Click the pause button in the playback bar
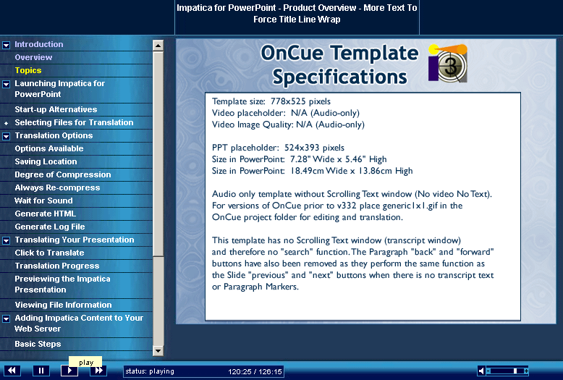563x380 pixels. pos(41,371)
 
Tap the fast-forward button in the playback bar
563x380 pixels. pos(98,371)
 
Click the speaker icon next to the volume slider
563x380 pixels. pos(481,371)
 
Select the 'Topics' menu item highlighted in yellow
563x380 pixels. pos(28,70)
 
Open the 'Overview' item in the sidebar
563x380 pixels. pos(33,57)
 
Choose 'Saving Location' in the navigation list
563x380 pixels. pos(46,161)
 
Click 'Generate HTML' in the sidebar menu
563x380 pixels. pos(46,214)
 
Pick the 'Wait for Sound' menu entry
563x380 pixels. pos(43,200)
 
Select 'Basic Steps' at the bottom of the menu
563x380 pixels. pos(38,344)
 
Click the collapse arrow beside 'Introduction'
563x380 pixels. pos(6,45)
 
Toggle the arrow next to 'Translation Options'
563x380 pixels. pos(6,136)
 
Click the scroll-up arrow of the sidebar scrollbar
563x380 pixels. pos(158,46)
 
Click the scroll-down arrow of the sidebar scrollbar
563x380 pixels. pos(158,350)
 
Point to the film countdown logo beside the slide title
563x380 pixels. pos(448,63)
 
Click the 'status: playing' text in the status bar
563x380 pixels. pos(150,371)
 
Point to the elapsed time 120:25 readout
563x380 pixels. pos(240,371)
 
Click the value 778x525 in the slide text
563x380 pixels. pos(286,101)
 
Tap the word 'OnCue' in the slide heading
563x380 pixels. pos(292,53)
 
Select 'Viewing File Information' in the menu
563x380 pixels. pos(63,305)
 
